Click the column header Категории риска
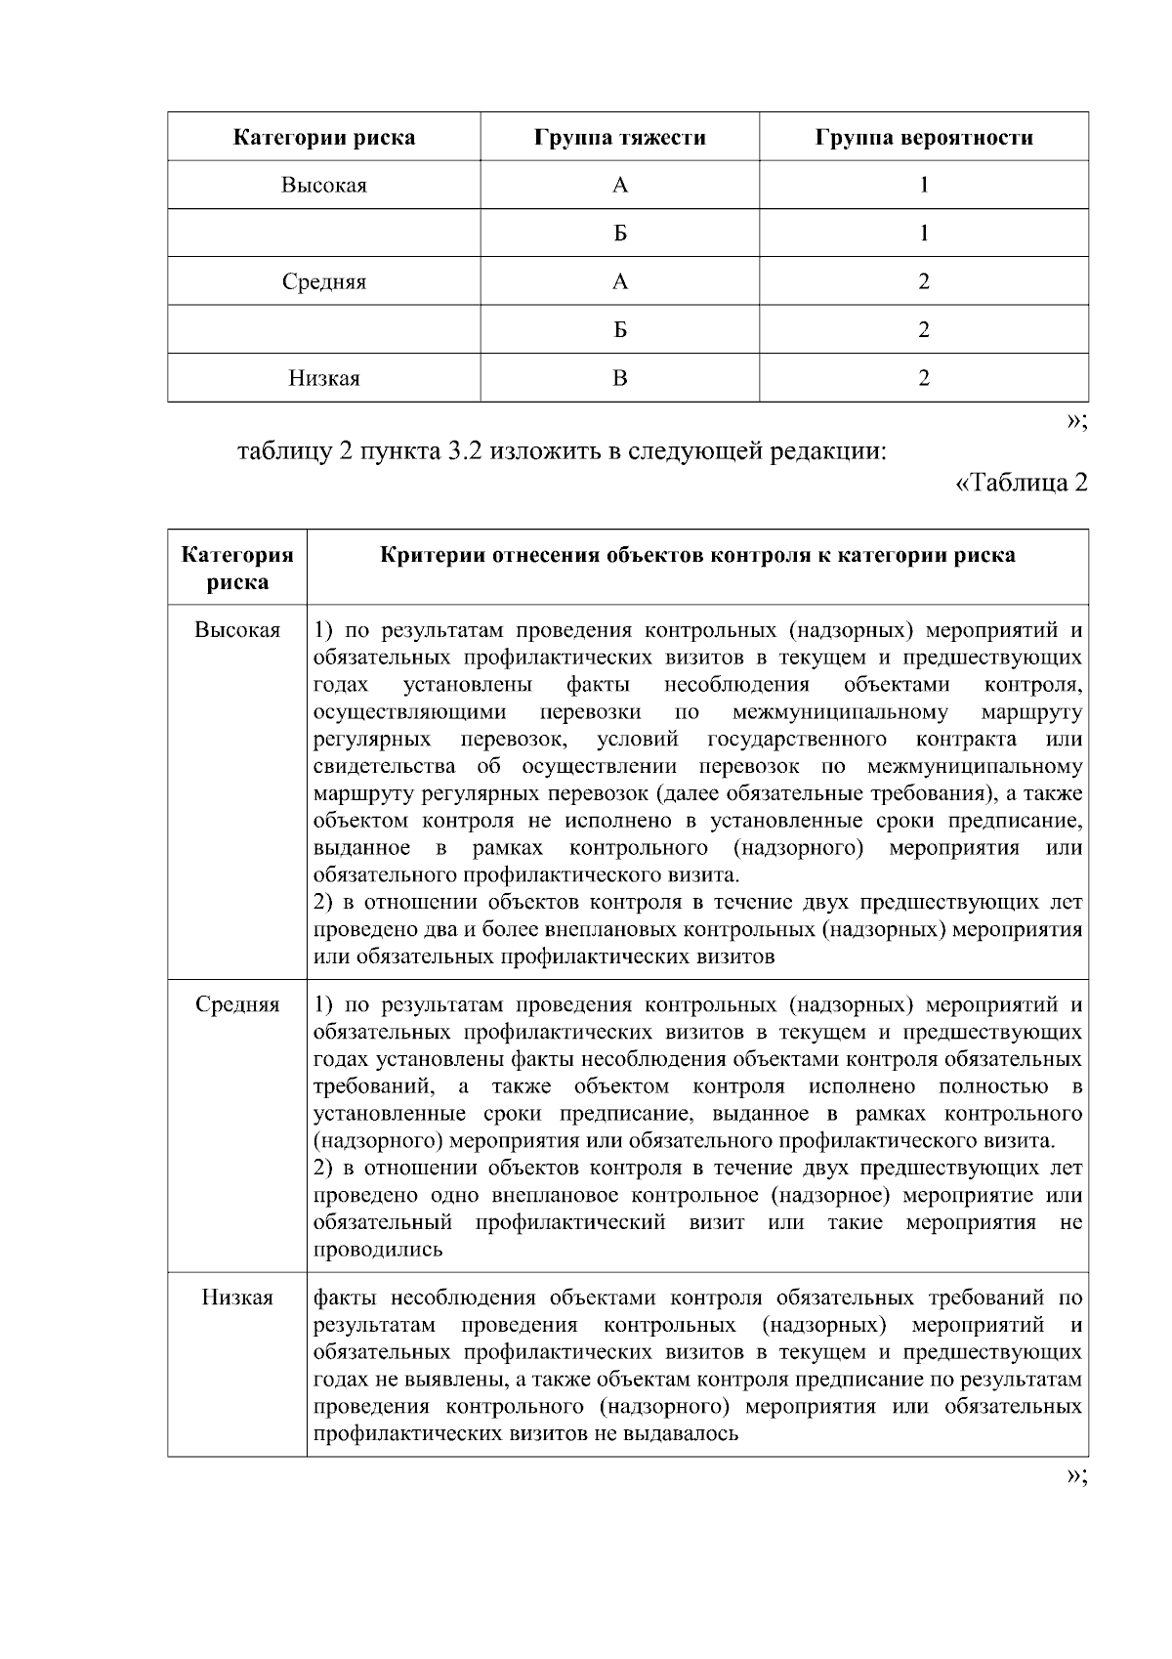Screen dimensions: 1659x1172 tap(323, 137)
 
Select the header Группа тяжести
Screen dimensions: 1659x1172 tap(619, 137)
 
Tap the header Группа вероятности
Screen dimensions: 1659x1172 tap(923, 137)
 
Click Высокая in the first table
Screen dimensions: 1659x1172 tap(323, 185)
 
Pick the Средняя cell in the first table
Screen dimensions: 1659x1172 tap(323, 281)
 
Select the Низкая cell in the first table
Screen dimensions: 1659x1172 tap(323, 378)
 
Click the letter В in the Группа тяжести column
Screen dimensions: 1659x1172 tap(619, 378)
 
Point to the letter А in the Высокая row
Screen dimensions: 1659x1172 tap(619, 185)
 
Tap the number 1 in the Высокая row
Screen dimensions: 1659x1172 tap(923, 185)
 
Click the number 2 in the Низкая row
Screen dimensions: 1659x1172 tap(923, 378)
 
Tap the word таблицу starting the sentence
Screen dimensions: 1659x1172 tap(283, 453)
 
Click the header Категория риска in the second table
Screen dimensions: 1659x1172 tap(237, 568)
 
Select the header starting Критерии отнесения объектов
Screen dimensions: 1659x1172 tap(697, 555)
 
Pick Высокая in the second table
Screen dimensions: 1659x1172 tap(237, 630)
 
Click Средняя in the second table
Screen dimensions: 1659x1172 tap(237, 1004)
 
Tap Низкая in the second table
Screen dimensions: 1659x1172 tap(237, 1297)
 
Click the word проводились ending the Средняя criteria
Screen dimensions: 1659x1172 tap(377, 1250)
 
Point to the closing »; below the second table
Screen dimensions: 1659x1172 tap(1076, 1475)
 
